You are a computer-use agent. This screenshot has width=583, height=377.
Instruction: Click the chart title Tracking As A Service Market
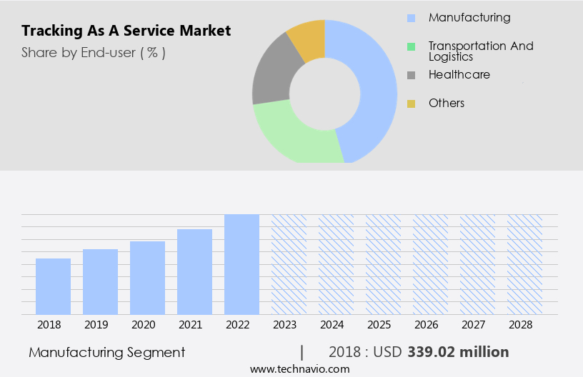point(126,31)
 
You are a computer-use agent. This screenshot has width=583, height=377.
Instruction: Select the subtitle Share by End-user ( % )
point(94,52)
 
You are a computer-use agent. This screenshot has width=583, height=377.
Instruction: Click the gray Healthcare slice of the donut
point(270,79)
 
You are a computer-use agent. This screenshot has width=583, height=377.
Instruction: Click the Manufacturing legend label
point(469,17)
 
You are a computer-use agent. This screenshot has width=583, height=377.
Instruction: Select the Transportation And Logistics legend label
point(481,51)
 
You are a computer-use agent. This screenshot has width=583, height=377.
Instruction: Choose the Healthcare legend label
point(459,74)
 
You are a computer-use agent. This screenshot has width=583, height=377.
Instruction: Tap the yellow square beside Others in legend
point(411,104)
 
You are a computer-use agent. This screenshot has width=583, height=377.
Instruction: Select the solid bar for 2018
point(53,286)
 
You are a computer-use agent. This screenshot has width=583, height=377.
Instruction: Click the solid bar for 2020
point(147,278)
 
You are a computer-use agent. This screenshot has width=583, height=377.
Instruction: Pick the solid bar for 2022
point(241,264)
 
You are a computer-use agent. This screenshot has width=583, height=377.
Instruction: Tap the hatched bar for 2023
point(289,264)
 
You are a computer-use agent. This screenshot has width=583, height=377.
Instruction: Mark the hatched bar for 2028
point(524,264)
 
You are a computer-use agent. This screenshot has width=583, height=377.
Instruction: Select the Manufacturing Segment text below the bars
point(107,352)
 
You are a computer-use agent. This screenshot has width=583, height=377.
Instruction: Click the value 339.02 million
point(458,352)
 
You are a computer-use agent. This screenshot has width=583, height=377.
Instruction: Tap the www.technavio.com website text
point(299,368)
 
